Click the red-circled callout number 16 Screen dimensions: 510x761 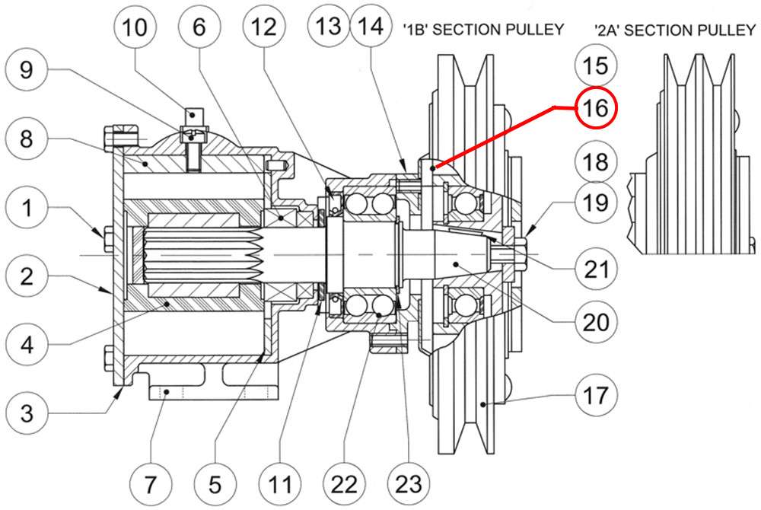tap(597, 108)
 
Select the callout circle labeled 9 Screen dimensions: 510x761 tap(27, 71)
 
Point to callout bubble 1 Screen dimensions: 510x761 tap(27, 208)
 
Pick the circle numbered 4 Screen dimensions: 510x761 tap(27, 346)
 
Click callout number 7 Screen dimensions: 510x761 tap(149, 483)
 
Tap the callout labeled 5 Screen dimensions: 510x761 tap(215, 483)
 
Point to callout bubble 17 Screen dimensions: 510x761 tap(597, 395)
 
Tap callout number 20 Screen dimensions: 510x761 tap(597, 322)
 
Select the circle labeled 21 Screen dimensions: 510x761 tap(597, 268)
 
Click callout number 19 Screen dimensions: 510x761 tap(597, 203)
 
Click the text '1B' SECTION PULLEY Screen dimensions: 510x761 tap(483, 30)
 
